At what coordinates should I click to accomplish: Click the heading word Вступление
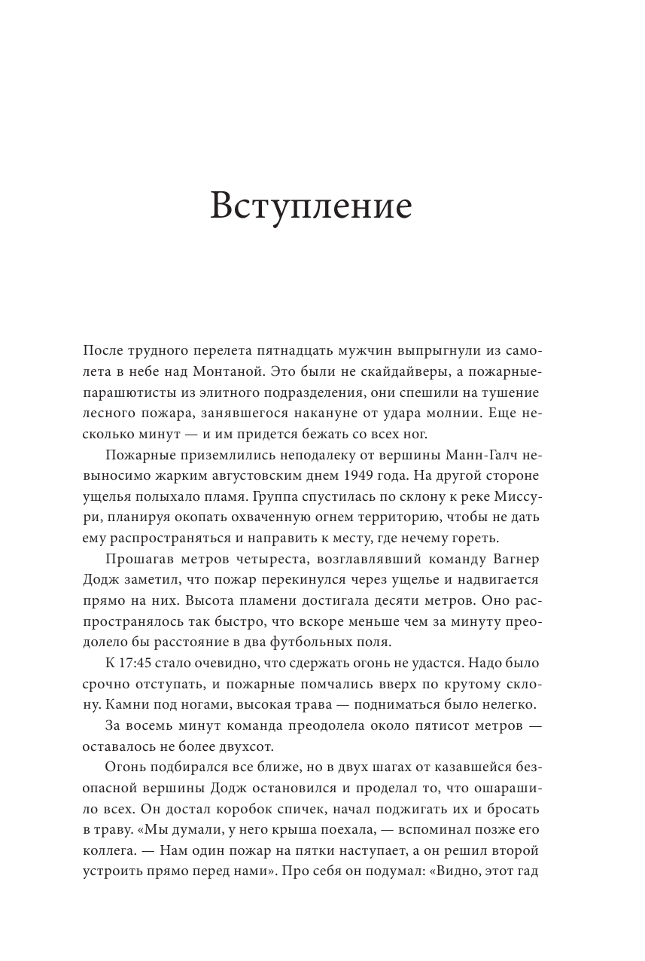click(x=311, y=205)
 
